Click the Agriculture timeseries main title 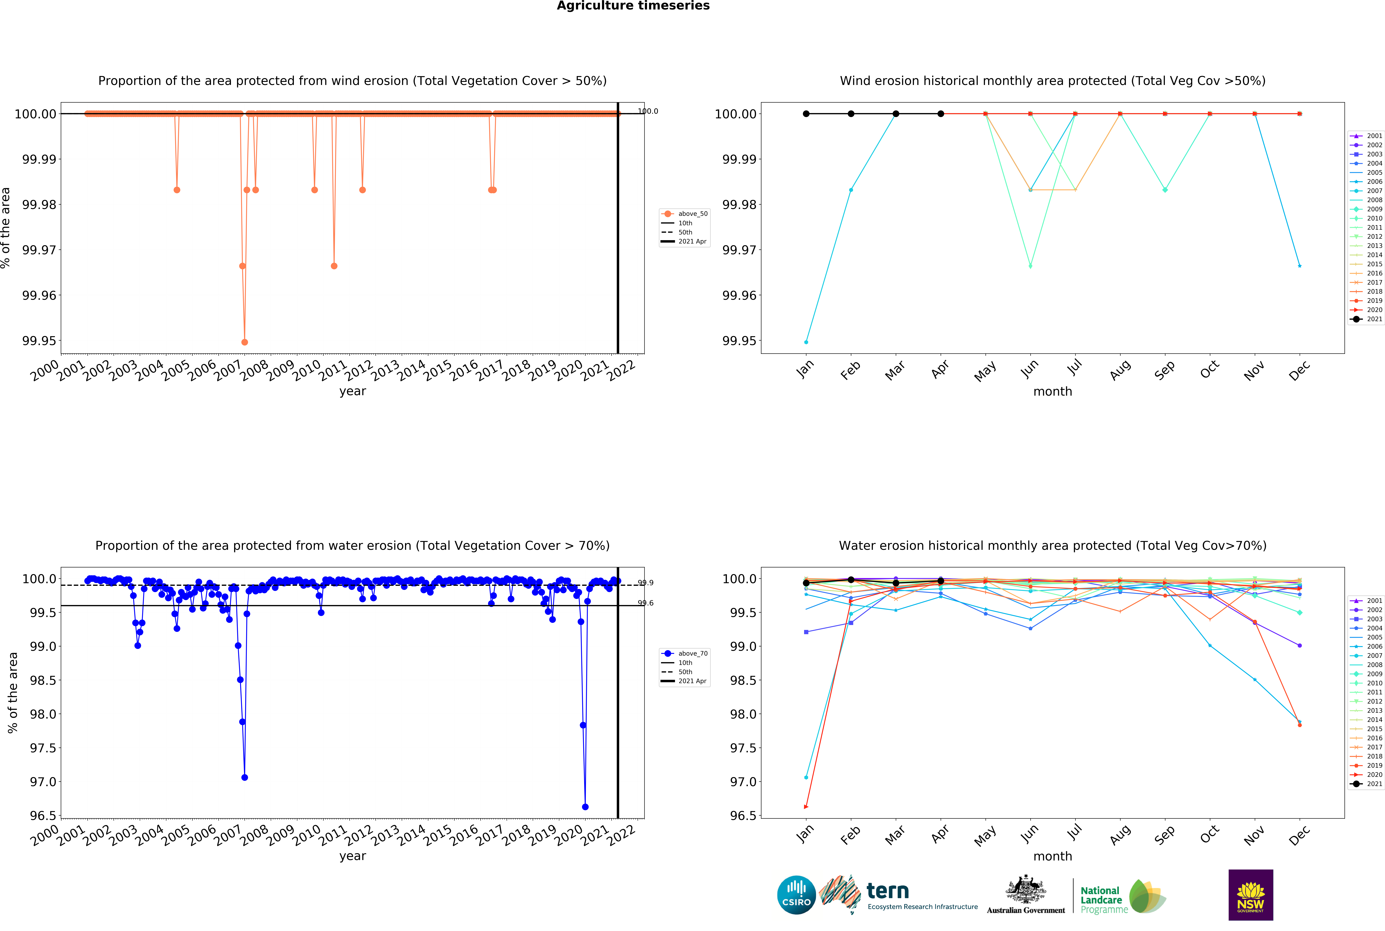[633, 6]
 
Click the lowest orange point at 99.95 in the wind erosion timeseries [245, 342]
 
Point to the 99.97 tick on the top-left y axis [39, 250]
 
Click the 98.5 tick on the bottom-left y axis [43, 681]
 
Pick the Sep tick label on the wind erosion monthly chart [1165, 370]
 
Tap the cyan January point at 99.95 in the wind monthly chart [806, 342]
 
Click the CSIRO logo [796, 895]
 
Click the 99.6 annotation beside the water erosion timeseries [646, 603]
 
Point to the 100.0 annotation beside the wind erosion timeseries [648, 111]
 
